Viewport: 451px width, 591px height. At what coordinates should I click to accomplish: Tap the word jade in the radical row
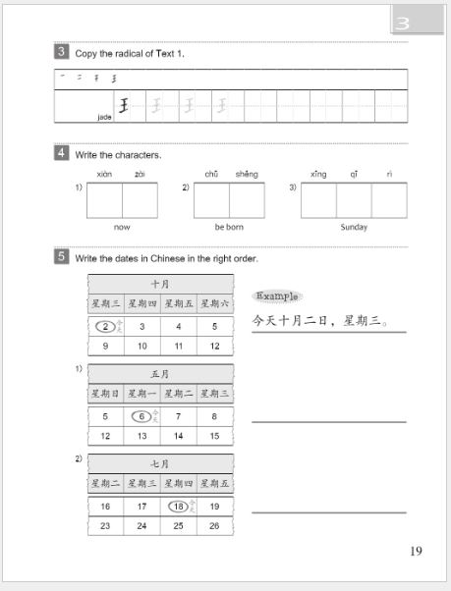point(105,115)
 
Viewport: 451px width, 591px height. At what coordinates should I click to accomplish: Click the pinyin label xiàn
point(105,174)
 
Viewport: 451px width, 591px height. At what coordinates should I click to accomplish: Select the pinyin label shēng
point(247,174)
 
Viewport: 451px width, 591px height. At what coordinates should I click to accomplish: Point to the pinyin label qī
point(354,174)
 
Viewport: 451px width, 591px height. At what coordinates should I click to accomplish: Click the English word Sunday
point(354,227)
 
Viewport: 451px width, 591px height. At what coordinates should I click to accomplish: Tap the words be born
point(229,227)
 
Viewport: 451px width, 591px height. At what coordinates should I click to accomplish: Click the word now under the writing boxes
point(122,227)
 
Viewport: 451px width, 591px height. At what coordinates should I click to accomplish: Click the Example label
point(278,295)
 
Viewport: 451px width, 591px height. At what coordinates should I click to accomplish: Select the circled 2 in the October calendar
point(105,326)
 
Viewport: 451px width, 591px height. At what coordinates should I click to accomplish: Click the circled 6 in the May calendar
point(141,415)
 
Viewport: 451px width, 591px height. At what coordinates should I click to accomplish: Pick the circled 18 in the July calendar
point(178,506)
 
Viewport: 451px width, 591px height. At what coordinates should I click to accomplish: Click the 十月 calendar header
point(160,283)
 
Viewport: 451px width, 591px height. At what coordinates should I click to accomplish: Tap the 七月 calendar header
point(160,462)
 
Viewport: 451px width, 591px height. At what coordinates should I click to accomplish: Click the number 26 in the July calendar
point(214,526)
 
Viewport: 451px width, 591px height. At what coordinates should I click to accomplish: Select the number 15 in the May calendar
point(214,436)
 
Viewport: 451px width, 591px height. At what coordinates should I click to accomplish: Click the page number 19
point(416,551)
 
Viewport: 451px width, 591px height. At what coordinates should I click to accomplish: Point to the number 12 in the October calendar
point(214,347)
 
